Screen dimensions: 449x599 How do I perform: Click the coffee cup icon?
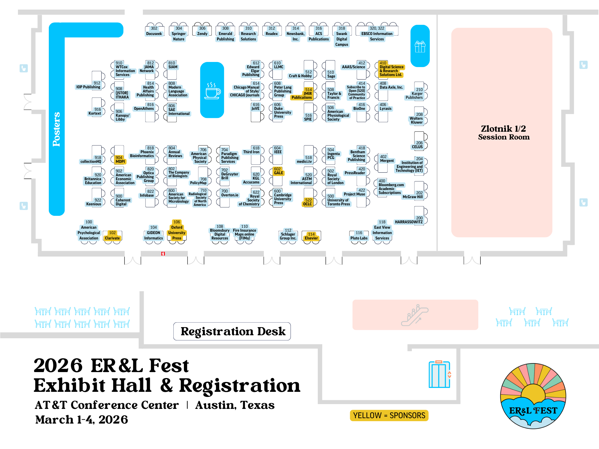[x=212, y=90]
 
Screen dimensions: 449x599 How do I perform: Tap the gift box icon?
[x=420, y=47]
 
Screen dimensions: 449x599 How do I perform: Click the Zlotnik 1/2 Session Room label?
[x=503, y=133]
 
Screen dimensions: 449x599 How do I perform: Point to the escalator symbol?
[x=415, y=315]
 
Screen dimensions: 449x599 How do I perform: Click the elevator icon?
[x=439, y=374]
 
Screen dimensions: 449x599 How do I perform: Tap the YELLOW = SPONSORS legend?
[x=389, y=415]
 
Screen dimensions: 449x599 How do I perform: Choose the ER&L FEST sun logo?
[x=533, y=396]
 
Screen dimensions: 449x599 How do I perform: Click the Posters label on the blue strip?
[x=56, y=129]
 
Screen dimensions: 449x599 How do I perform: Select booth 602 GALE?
[x=278, y=171]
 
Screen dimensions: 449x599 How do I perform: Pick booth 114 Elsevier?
[x=311, y=236]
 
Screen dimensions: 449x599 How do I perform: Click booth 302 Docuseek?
[x=154, y=31]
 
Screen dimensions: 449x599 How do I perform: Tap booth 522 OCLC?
[x=308, y=202]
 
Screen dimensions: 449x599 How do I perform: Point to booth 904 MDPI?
[x=120, y=160]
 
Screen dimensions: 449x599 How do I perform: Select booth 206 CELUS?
[x=418, y=145]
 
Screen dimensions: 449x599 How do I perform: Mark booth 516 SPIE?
[x=308, y=117]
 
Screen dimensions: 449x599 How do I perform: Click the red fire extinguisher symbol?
[x=163, y=254]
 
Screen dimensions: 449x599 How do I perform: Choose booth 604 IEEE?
[x=278, y=150]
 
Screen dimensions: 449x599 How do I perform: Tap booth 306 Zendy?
[x=202, y=31]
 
